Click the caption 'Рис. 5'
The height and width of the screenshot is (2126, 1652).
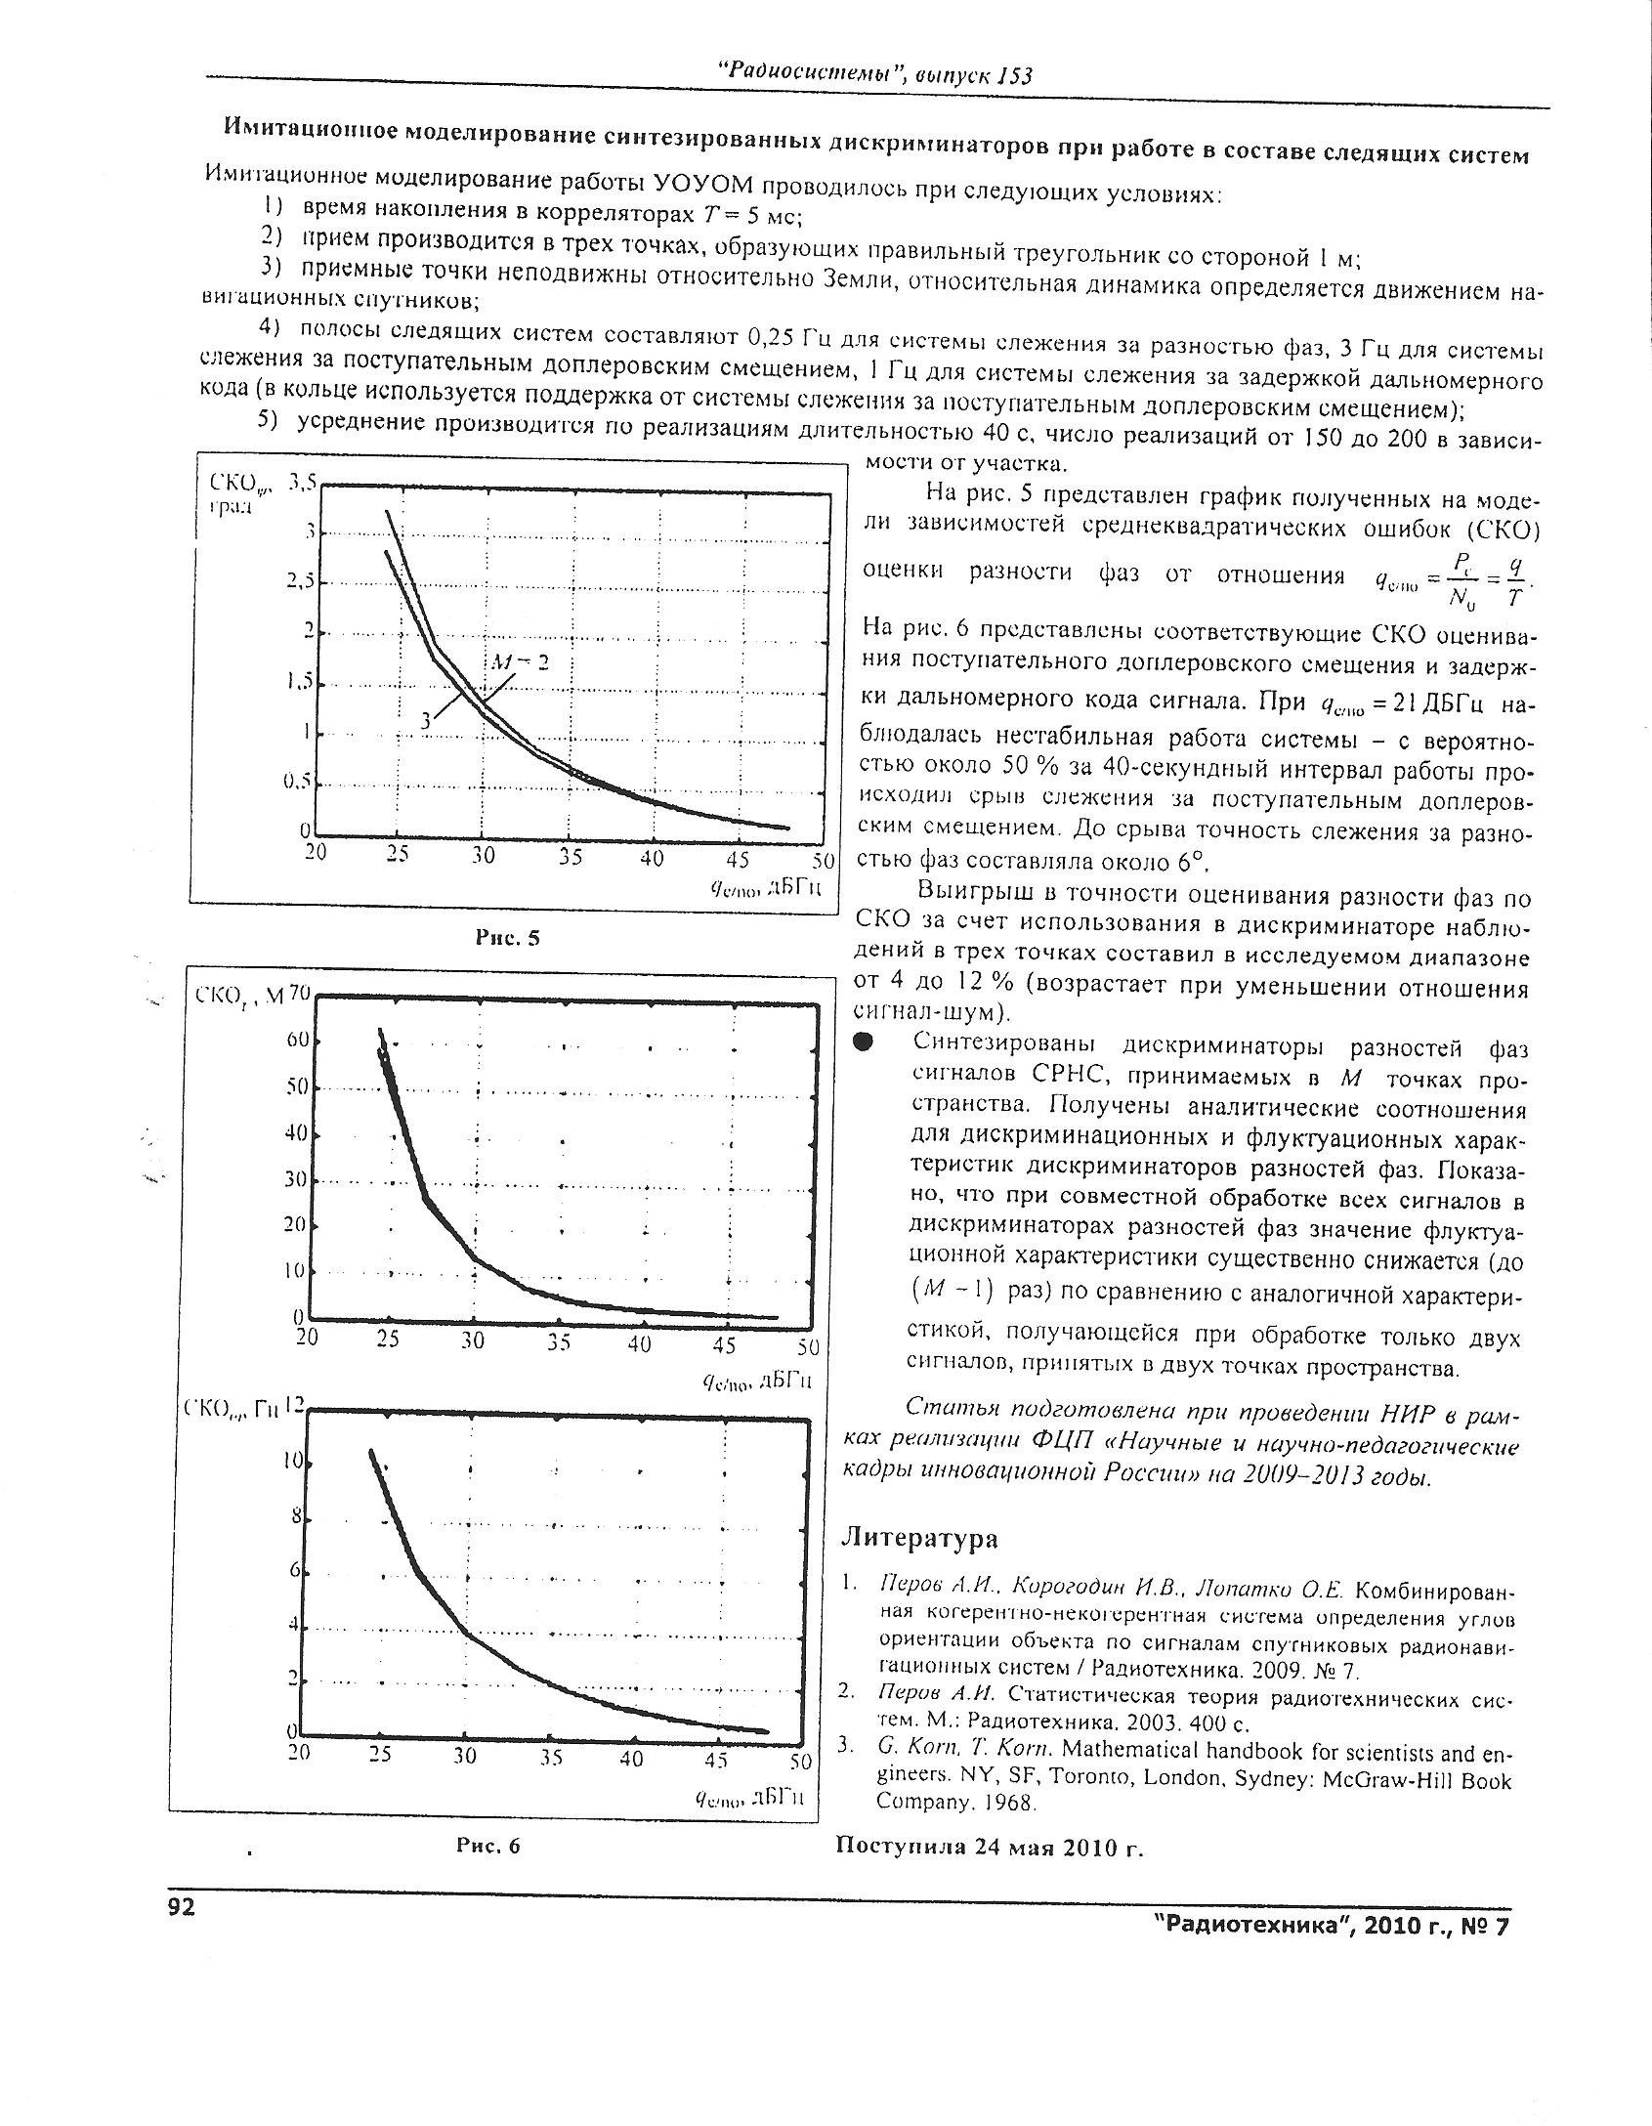tap(507, 938)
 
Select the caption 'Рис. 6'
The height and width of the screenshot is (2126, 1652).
tap(487, 1846)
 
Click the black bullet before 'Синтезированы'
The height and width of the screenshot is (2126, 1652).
tap(862, 1043)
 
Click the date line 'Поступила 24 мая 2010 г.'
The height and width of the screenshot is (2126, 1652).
tap(989, 1847)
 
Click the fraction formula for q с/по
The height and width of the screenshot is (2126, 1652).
tap(1455, 578)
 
